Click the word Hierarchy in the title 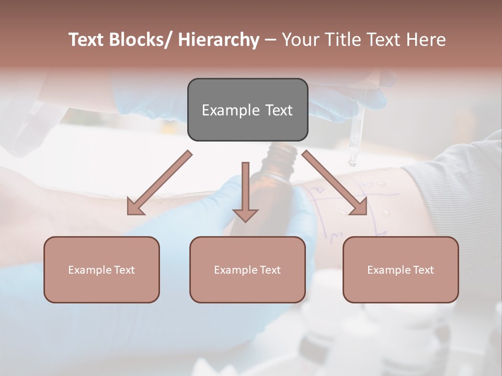click(219, 40)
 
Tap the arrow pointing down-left click(157, 183)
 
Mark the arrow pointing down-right click(335, 183)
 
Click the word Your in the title click(298, 40)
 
